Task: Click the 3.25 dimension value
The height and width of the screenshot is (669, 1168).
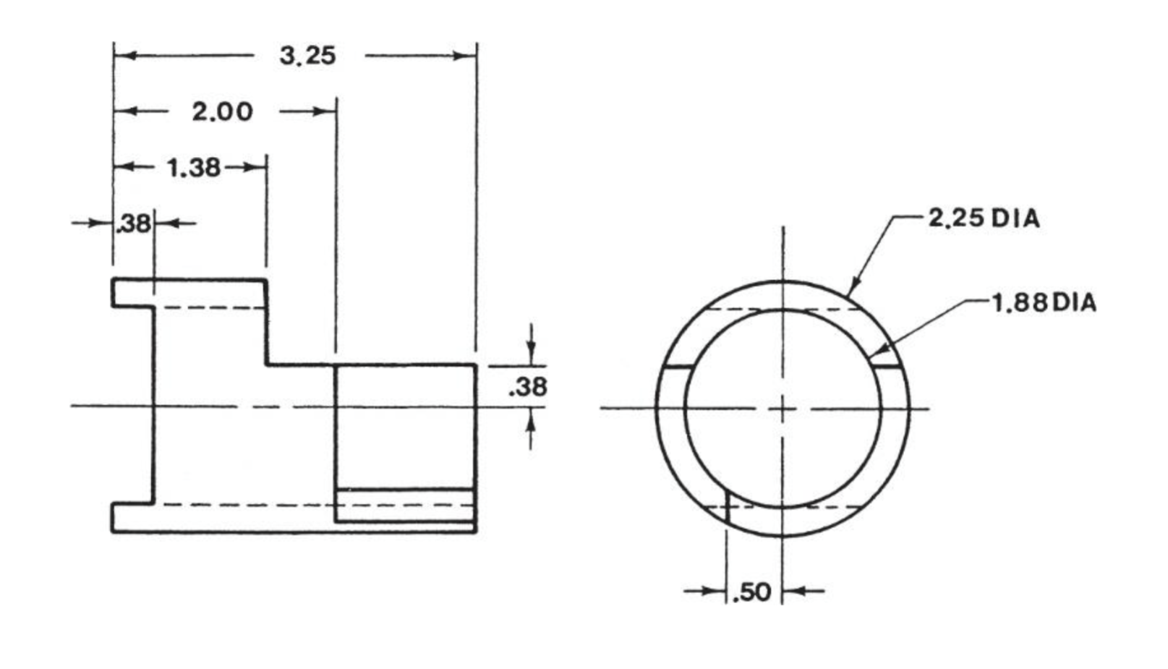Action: [308, 55]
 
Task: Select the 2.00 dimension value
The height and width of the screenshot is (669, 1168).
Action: [222, 111]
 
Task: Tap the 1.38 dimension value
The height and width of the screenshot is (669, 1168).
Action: [193, 167]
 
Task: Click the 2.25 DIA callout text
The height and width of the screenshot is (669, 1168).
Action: [984, 217]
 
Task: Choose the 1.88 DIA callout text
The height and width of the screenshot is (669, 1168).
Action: [1044, 302]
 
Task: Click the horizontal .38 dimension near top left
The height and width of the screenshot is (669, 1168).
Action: [135, 223]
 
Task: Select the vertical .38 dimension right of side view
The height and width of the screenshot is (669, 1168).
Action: [529, 386]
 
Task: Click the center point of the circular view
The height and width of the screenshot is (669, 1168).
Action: [783, 409]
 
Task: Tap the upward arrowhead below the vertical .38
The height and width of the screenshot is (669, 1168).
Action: [532, 419]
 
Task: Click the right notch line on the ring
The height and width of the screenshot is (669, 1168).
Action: [889, 367]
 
